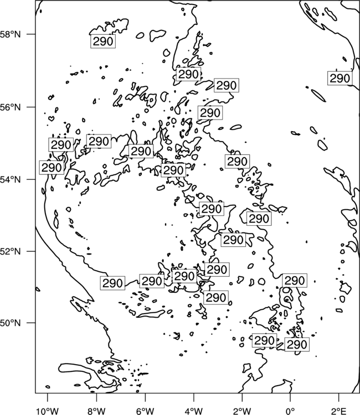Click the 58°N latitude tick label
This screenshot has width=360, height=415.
pyautogui.click(x=11, y=34)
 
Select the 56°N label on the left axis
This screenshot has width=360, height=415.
pyautogui.click(x=11, y=107)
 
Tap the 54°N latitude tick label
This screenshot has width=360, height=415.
pyautogui.click(x=11, y=179)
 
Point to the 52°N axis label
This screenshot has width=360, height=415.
pyautogui.click(x=11, y=251)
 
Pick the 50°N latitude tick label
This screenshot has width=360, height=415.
pyautogui.click(x=11, y=323)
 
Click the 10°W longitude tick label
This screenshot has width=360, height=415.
pyautogui.click(x=48, y=411)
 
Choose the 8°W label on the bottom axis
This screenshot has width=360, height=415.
pyautogui.click(x=96, y=411)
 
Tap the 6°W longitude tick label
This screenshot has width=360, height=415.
pyautogui.click(x=145, y=411)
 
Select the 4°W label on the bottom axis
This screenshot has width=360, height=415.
pyautogui.click(x=193, y=411)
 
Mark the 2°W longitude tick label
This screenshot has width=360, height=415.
pyautogui.click(x=242, y=411)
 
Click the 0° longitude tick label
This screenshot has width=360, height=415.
pyautogui.click(x=290, y=411)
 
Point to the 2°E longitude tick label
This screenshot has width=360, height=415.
pyautogui.click(x=339, y=411)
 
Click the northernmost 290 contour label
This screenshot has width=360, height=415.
pyautogui.click(x=103, y=41)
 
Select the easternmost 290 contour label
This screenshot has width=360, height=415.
pyautogui.click(x=340, y=78)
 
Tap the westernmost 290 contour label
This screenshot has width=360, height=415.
pyautogui.click(x=52, y=167)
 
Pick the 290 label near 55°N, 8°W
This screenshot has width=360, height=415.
pyautogui.click(x=99, y=141)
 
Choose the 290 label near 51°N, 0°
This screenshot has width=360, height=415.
pyautogui.click(x=295, y=281)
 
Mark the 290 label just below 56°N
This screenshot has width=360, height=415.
pyautogui.click(x=210, y=113)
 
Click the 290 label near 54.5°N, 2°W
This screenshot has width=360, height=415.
pyautogui.click(x=238, y=161)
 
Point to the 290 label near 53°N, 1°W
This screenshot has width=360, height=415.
pyautogui.click(x=259, y=219)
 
